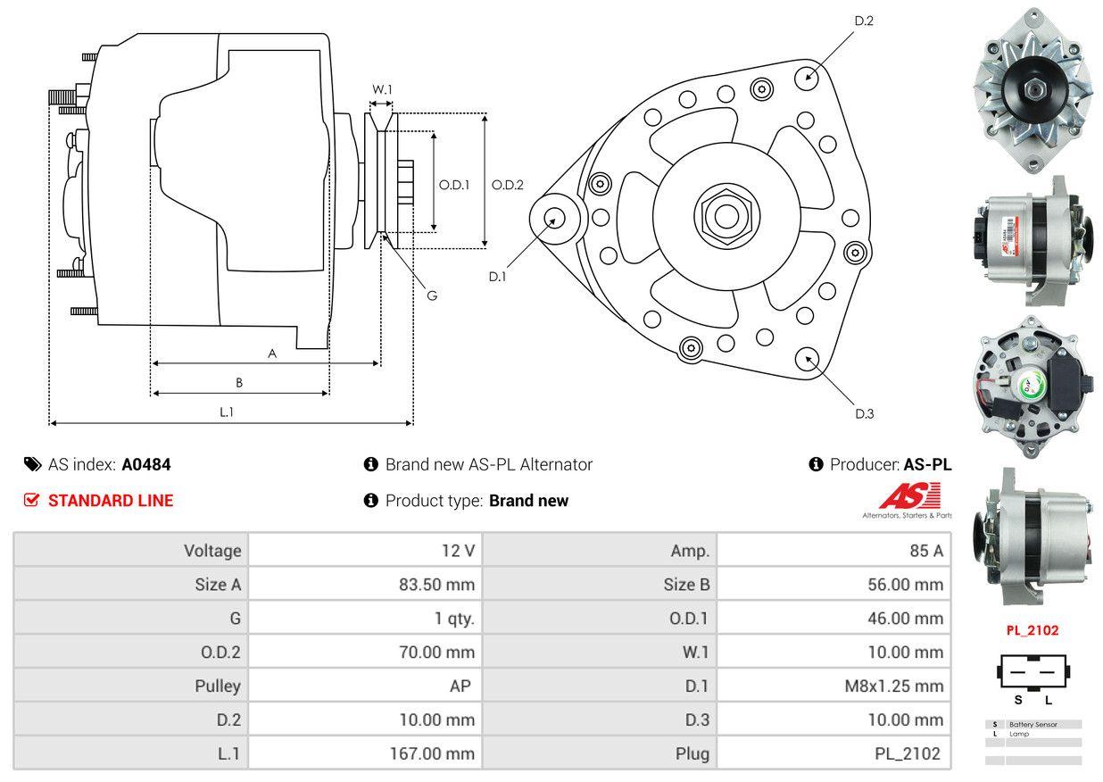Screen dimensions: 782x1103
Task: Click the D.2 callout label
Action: pyautogui.click(x=863, y=21)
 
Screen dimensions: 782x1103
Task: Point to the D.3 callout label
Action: pyautogui.click(x=864, y=413)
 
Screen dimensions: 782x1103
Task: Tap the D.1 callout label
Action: pyautogui.click(x=497, y=277)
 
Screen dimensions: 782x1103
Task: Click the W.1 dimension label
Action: pyautogui.click(x=382, y=89)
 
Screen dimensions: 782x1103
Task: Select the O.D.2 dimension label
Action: pyautogui.click(x=508, y=185)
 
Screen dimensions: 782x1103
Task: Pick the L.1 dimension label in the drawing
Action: pyautogui.click(x=227, y=412)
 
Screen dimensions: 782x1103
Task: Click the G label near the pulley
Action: pyautogui.click(x=431, y=295)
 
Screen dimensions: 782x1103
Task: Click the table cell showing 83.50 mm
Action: pyautogui.click(x=436, y=585)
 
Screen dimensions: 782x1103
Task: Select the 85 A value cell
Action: pyautogui.click(x=925, y=551)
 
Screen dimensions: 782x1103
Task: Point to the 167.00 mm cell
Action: pyautogui.click(x=431, y=754)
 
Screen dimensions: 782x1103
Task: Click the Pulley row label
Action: pyautogui.click(x=218, y=686)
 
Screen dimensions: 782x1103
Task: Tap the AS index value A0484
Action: pyautogui.click(x=146, y=464)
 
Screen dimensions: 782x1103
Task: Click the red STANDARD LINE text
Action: pyautogui.click(x=110, y=501)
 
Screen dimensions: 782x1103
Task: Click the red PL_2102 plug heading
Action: pyautogui.click(x=1033, y=630)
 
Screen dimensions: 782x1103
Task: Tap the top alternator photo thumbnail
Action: pyautogui.click(x=1033, y=89)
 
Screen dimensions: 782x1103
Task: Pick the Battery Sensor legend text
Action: pyautogui.click(x=1033, y=724)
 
